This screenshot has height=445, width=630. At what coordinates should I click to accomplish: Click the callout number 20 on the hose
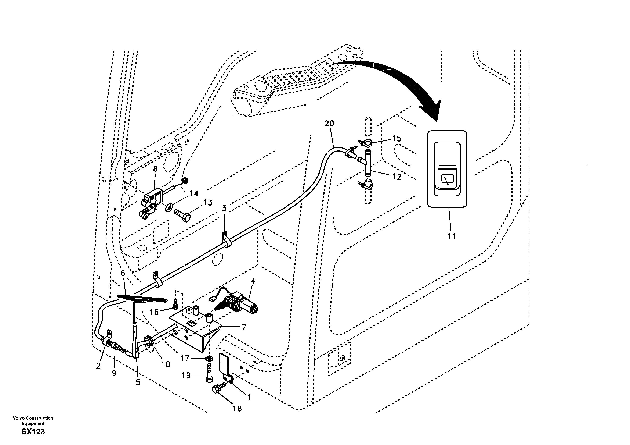click(329, 124)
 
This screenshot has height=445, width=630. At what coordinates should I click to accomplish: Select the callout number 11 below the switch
click(451, 236)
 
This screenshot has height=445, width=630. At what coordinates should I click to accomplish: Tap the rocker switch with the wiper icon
click(447, 168)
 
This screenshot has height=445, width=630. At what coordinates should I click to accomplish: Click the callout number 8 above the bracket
click(155, 169)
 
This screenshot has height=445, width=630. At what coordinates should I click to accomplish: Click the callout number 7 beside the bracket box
click(244, 327)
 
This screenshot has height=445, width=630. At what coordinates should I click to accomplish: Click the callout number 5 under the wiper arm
click(138, 382)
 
